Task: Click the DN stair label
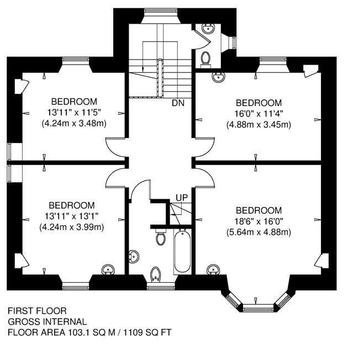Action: (178, 103)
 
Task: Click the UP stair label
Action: (182, 198)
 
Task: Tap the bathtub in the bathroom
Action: (182, 251)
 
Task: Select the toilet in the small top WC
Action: (205, 60)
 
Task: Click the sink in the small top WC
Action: (208, 29)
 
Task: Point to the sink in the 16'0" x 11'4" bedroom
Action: (218, 77)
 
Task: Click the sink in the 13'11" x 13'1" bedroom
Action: (108, 269)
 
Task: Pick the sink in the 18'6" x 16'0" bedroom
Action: (213, 269)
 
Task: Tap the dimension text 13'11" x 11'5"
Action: (74, 113)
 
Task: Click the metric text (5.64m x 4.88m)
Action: (259, 232)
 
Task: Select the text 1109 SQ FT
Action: (147, 332)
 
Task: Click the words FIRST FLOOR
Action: (37, 310)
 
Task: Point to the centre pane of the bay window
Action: (259, 308)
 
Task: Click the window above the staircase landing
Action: (161, 12)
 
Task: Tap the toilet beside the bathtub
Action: (160, 236)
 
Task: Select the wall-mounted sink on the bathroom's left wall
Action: (134, 257)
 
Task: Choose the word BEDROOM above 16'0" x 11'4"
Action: (259, 103)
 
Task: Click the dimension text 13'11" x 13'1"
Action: (72, 216)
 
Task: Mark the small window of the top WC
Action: (234, 43)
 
